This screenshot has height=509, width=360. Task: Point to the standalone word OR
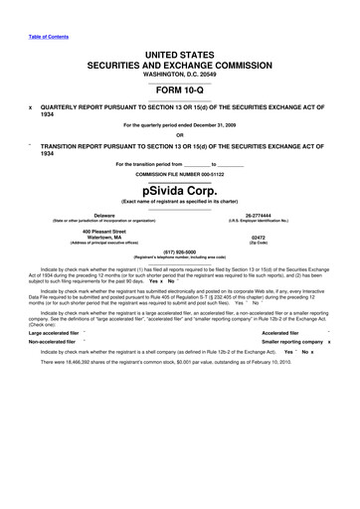179,135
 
